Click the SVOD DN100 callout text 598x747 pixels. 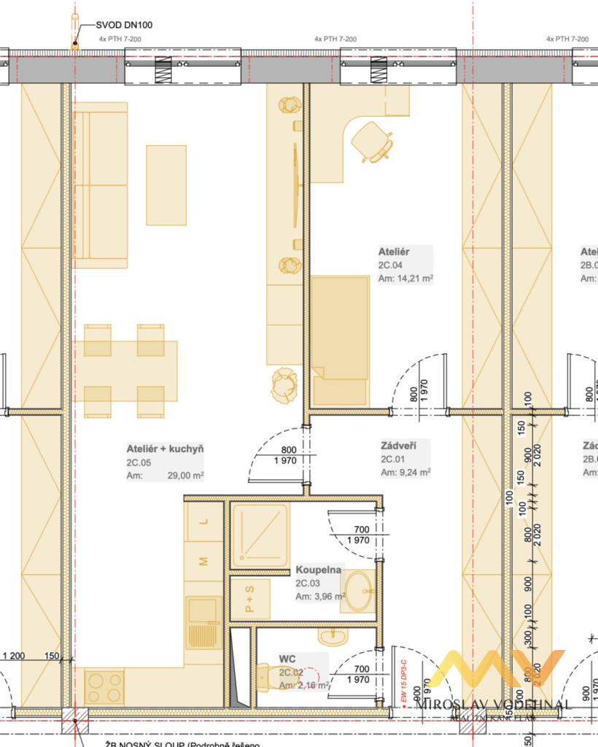click(124, 25)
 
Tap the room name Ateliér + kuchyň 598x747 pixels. click(165, 449)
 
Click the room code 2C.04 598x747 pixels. click(391, 265)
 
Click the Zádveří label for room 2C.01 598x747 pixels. click(398, 445)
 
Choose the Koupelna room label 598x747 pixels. click(318, 570)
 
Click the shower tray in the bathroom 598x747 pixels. click(260, 535)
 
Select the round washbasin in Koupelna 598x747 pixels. click(357, 589)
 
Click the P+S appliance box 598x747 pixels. click(250, 599)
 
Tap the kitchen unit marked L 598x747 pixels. click(204, 521)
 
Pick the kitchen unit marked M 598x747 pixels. click(204, 561)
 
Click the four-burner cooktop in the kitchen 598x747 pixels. click(105, 686)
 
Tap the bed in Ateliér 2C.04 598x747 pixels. click(340, 339)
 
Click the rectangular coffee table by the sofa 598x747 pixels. click(166, 185)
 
